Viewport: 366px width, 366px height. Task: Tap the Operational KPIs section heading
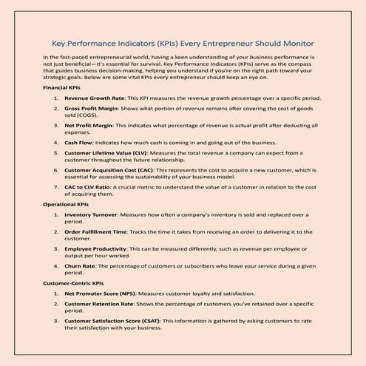coord(67,205)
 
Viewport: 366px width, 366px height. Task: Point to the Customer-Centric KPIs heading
coord(78,283)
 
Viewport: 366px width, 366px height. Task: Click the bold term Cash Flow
coord(78,143)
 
